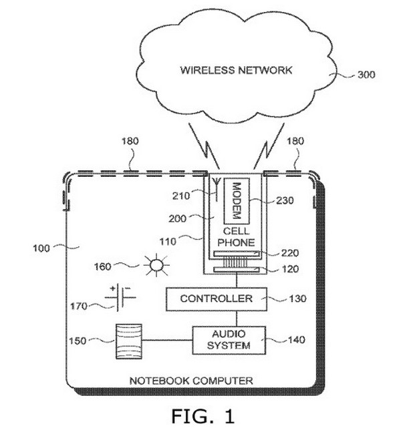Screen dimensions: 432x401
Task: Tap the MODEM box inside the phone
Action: [x=236, y=199]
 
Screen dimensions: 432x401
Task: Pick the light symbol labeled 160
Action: [x=155, y=266]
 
